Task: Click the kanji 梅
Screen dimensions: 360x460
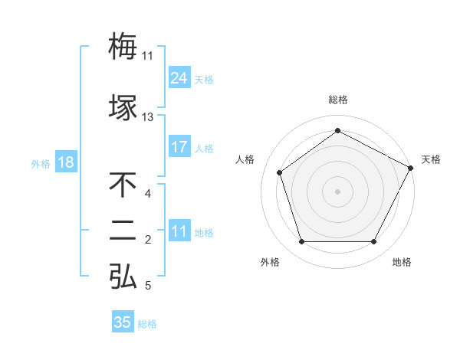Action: tap(123, 47)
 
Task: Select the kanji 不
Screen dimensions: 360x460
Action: tap(123, 185)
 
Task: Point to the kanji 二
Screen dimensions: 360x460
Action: tap(123, 232)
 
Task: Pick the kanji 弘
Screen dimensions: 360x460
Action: tap(123, 277)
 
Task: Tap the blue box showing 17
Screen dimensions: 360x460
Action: tap(179, 147)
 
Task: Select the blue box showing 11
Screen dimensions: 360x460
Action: tap(179, 231)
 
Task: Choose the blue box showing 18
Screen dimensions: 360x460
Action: tap(65, 162)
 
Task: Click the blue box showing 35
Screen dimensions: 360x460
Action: tap(123, 322)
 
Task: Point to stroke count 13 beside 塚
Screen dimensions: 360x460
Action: tap(147, 117)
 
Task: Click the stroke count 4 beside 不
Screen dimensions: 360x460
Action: tap(147, 193)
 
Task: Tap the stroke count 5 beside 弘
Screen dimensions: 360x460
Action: tap(147, 286)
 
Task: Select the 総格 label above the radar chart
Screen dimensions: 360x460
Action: tap(337, 100)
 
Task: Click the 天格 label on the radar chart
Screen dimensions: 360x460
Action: tap(431, 159)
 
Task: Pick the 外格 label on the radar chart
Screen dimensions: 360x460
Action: tap(270, 262)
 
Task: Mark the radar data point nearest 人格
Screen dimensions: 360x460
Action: tap(280, 172)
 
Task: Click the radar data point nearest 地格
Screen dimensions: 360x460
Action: tap(373, 242)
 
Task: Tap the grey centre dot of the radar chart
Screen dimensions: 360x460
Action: tap(337, 191)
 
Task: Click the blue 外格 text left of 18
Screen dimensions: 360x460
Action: tap(41, 163)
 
